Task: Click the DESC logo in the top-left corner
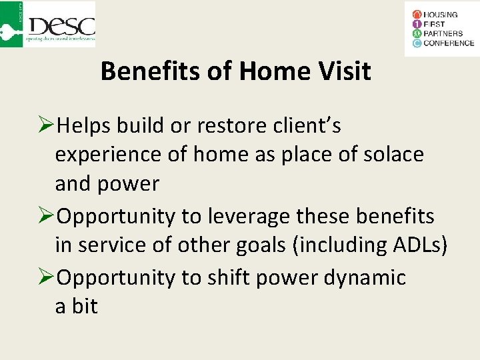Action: click(x=49, y=25)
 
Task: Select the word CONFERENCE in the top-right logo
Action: click(x=449, y=43)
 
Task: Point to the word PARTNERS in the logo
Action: click(x=444, y=34)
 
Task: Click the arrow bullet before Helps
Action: click(x=47, y=126)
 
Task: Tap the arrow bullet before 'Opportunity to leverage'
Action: click(x=47, y=217)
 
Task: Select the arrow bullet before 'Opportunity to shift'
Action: click(x=47, y=277)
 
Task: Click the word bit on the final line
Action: click(x=85, y=307)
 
